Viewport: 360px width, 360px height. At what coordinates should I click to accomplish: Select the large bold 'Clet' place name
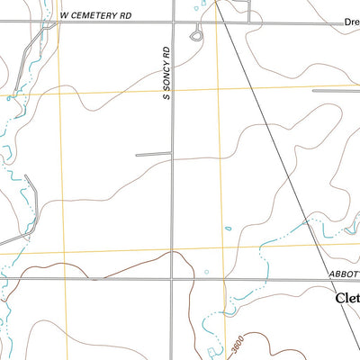[346, 298]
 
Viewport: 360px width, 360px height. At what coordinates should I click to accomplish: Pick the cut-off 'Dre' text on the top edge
[351, 22]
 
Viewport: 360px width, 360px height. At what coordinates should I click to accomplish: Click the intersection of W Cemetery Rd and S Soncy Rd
[173, 22]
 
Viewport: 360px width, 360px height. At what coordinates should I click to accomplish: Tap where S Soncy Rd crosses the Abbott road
[173, 280]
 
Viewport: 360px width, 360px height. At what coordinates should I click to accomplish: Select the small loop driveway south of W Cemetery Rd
[195, 35]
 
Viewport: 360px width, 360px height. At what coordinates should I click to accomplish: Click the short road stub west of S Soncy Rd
[153, 155]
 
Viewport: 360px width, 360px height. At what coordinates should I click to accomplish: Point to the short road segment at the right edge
[335, 90]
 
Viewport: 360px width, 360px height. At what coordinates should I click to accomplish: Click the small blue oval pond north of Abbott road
[229, 228]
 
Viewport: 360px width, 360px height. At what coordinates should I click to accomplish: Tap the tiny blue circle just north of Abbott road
[207, 271]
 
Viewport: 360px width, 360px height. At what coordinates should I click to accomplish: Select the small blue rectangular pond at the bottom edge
[212, 352]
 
